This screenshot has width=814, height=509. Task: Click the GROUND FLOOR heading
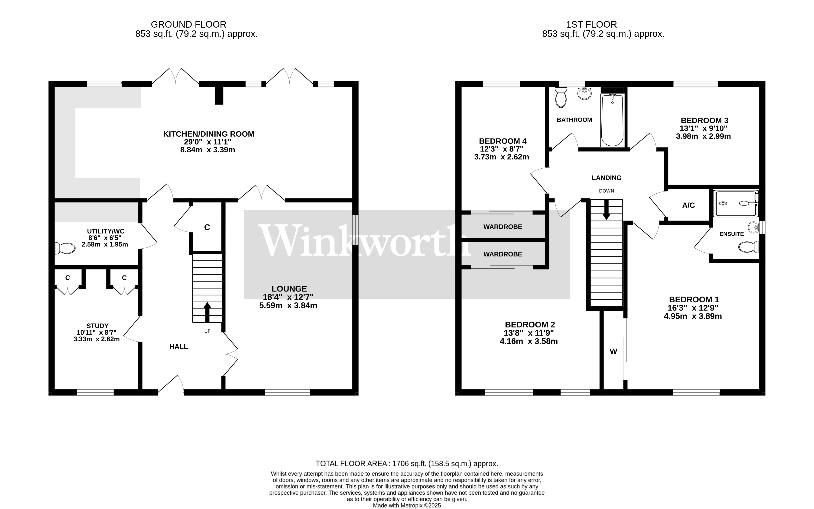point(188,25)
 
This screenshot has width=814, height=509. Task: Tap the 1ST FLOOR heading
point(591,25)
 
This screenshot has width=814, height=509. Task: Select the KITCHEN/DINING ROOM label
point(209,134)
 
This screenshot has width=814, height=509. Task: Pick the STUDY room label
point(97,326)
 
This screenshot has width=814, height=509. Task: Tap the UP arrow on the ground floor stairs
point(207,312)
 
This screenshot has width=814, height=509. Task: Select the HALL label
point(178,347)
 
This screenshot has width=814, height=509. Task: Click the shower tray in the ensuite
point(736,203)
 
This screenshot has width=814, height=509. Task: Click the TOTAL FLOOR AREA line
point(407,464)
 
